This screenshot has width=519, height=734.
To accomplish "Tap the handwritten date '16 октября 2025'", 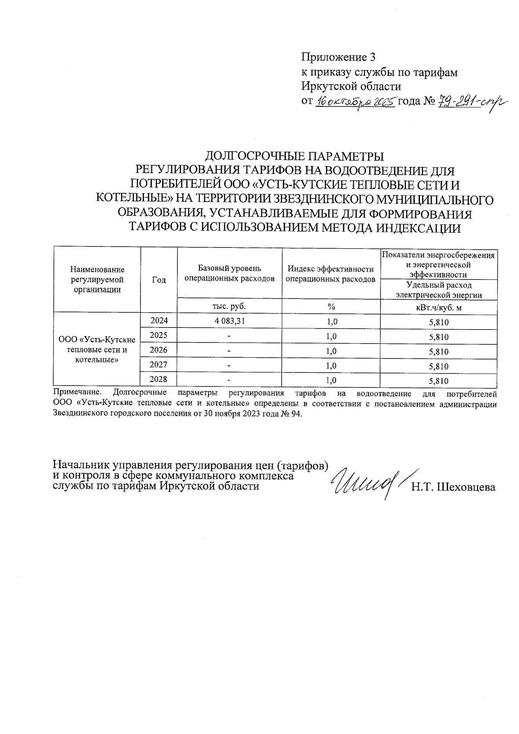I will click(x=355, y=103).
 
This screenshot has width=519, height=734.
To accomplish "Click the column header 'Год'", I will click(x=159, y=280).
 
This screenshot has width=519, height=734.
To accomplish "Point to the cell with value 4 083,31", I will click(x=229, y=321).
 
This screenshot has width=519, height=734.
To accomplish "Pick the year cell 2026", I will click(x=159, y=350).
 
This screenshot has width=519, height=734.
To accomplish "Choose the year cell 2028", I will click(x=159, y=380).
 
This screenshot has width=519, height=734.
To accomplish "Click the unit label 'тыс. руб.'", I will click(x=229, y=306).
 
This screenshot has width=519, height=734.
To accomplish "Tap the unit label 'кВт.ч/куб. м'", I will click(x=438, y=307).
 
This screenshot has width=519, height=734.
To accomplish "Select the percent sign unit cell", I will click(x=331, y=307).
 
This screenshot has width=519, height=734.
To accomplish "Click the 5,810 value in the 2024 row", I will click(x=439, y=322).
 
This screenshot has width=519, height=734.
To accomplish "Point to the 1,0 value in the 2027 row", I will click(x=331, y=366).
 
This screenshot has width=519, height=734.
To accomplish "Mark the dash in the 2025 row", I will click(x=229, y=336).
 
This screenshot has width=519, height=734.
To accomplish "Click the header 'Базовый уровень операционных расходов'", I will click(x=229, y=273).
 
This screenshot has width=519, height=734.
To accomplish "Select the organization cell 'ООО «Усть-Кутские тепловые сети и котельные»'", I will click(x=97, y=349).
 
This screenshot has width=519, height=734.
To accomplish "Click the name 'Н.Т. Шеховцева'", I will click(x=453, y=487).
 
